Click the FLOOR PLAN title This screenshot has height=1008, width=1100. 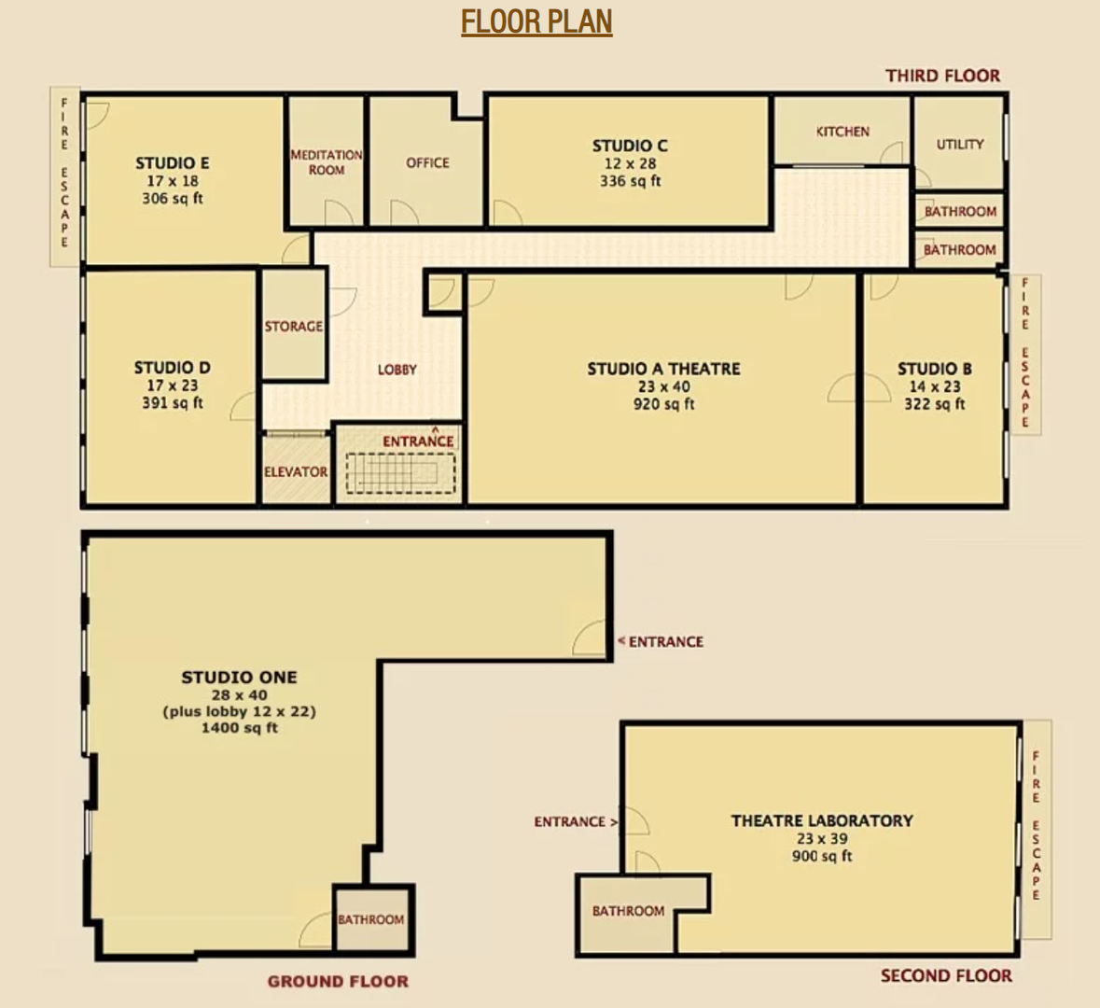pos(536,21)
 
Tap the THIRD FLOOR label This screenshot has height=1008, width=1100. pos(942,76)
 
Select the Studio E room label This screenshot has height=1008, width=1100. pos(172,163)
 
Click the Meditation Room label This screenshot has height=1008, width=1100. pos(327,162)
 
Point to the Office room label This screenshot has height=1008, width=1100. pos(427,162)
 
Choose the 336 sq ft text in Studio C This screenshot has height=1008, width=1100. pos(630,181)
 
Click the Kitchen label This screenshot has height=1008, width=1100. pos(842,132)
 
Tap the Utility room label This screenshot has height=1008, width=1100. pos(960,144)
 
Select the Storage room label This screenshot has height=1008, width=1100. pos(294,327)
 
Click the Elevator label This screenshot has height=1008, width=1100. pos(296,472)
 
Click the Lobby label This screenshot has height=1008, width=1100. pos(397,370)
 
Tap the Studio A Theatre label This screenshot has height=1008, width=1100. pos(663,369)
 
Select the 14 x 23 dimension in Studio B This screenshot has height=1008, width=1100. pos(934,386)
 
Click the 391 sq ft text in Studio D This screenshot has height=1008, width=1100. pos(172,403)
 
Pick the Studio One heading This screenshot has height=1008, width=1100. pos(239,677)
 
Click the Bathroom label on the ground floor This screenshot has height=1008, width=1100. pos(370,919)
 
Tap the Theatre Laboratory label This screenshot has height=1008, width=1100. pos(822,820)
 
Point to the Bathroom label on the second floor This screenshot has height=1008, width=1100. pos(628,911)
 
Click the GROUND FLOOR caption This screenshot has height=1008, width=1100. pos(338,981)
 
